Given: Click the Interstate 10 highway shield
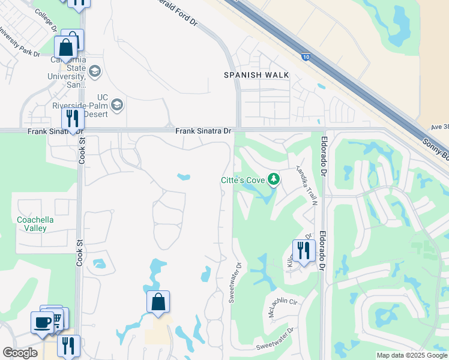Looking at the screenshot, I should pos(306,57).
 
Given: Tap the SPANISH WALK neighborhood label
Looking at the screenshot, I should pos(256,75).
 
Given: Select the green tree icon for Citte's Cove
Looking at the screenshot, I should pos(274,179).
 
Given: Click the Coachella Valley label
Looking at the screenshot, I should pos(35,224).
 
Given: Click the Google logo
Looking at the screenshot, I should pos(20,353).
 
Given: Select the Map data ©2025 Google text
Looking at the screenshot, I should pos(411,355).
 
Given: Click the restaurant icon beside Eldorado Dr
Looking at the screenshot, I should pos(304,250).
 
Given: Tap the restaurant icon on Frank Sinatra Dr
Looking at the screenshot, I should pos(72,118).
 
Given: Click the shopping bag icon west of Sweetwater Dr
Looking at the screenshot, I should pos(158,301).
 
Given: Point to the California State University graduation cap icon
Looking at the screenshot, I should pos(95,72).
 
